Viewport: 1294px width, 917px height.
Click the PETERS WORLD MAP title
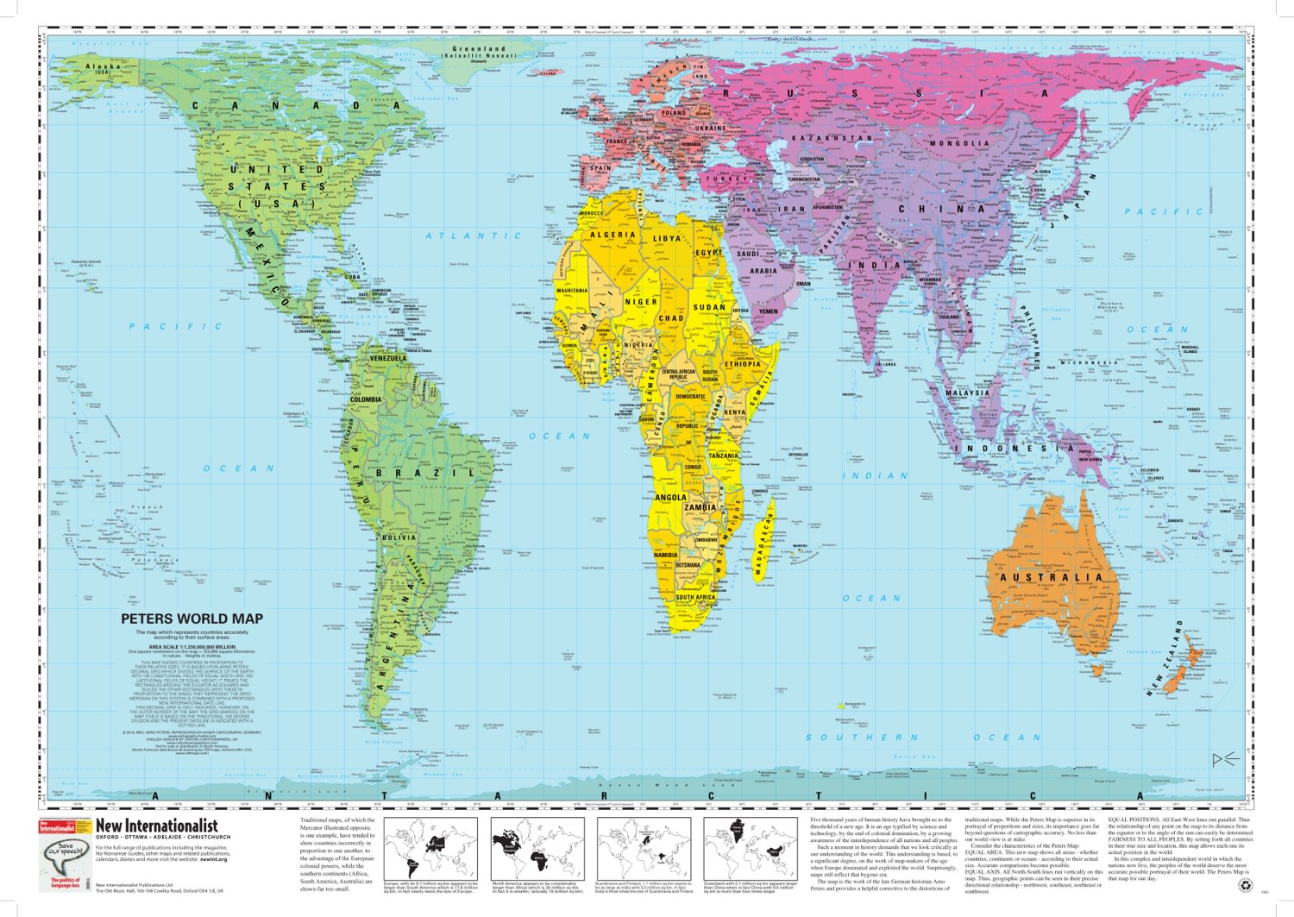point(192,619)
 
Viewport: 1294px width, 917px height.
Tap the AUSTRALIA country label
point(1051,577)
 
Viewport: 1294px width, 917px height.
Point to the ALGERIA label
point(612,235)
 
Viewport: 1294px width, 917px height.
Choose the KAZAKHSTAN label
point(832,138)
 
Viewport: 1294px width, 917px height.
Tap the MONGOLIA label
point(958,143)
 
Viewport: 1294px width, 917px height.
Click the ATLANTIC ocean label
point(474,236)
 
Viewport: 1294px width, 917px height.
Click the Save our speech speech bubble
point(66,854)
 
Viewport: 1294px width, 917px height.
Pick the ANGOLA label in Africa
point(670,498)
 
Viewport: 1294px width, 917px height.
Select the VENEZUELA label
point(387,358)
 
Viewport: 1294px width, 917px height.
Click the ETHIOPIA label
point(742,364)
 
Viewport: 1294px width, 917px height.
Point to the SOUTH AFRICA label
point(695,597)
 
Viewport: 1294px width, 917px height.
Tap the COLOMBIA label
point(366,399)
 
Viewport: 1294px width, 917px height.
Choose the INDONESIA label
point(1018,449)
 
